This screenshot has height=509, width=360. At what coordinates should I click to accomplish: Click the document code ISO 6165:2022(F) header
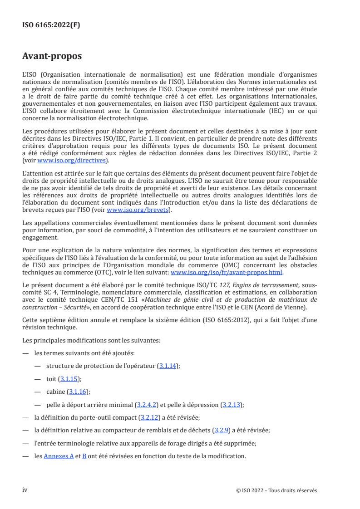click(x=51, y=26)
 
